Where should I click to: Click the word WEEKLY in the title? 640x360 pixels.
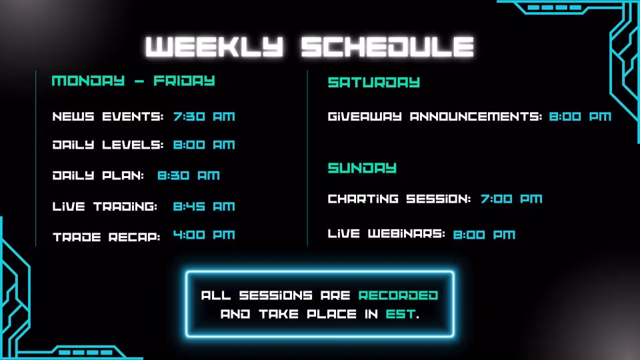pos(214,47)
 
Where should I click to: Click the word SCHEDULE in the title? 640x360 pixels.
pos(387,47)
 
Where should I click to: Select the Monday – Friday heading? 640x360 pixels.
pos(133,81)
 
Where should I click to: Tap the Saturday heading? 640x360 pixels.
pos(374,82)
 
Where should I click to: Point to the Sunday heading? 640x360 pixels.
pos(362,168)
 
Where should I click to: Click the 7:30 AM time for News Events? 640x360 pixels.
pos(204,116)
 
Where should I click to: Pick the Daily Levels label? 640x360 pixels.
pos(108,145)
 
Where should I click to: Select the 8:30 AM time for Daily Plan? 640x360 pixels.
pos(189,175)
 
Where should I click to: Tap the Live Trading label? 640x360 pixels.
pos(105,206)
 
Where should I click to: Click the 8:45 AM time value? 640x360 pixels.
pos(204,206)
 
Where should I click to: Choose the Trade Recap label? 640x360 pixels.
pos(106,237)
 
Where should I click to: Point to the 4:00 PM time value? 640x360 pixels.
pos(204,235)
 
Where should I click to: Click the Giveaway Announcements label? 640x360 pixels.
pos(435,116)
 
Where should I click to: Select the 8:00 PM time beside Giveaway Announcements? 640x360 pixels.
pos(580,116)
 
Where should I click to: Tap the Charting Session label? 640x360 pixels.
pos(399,199)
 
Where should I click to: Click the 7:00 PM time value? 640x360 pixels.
pos(511,199)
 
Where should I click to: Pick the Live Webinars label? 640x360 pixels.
pos(386,233)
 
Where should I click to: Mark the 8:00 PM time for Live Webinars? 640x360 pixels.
pos(485,235)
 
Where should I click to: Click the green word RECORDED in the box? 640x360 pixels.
pos(399,295)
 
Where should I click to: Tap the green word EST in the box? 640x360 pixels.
pos(401,314)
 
